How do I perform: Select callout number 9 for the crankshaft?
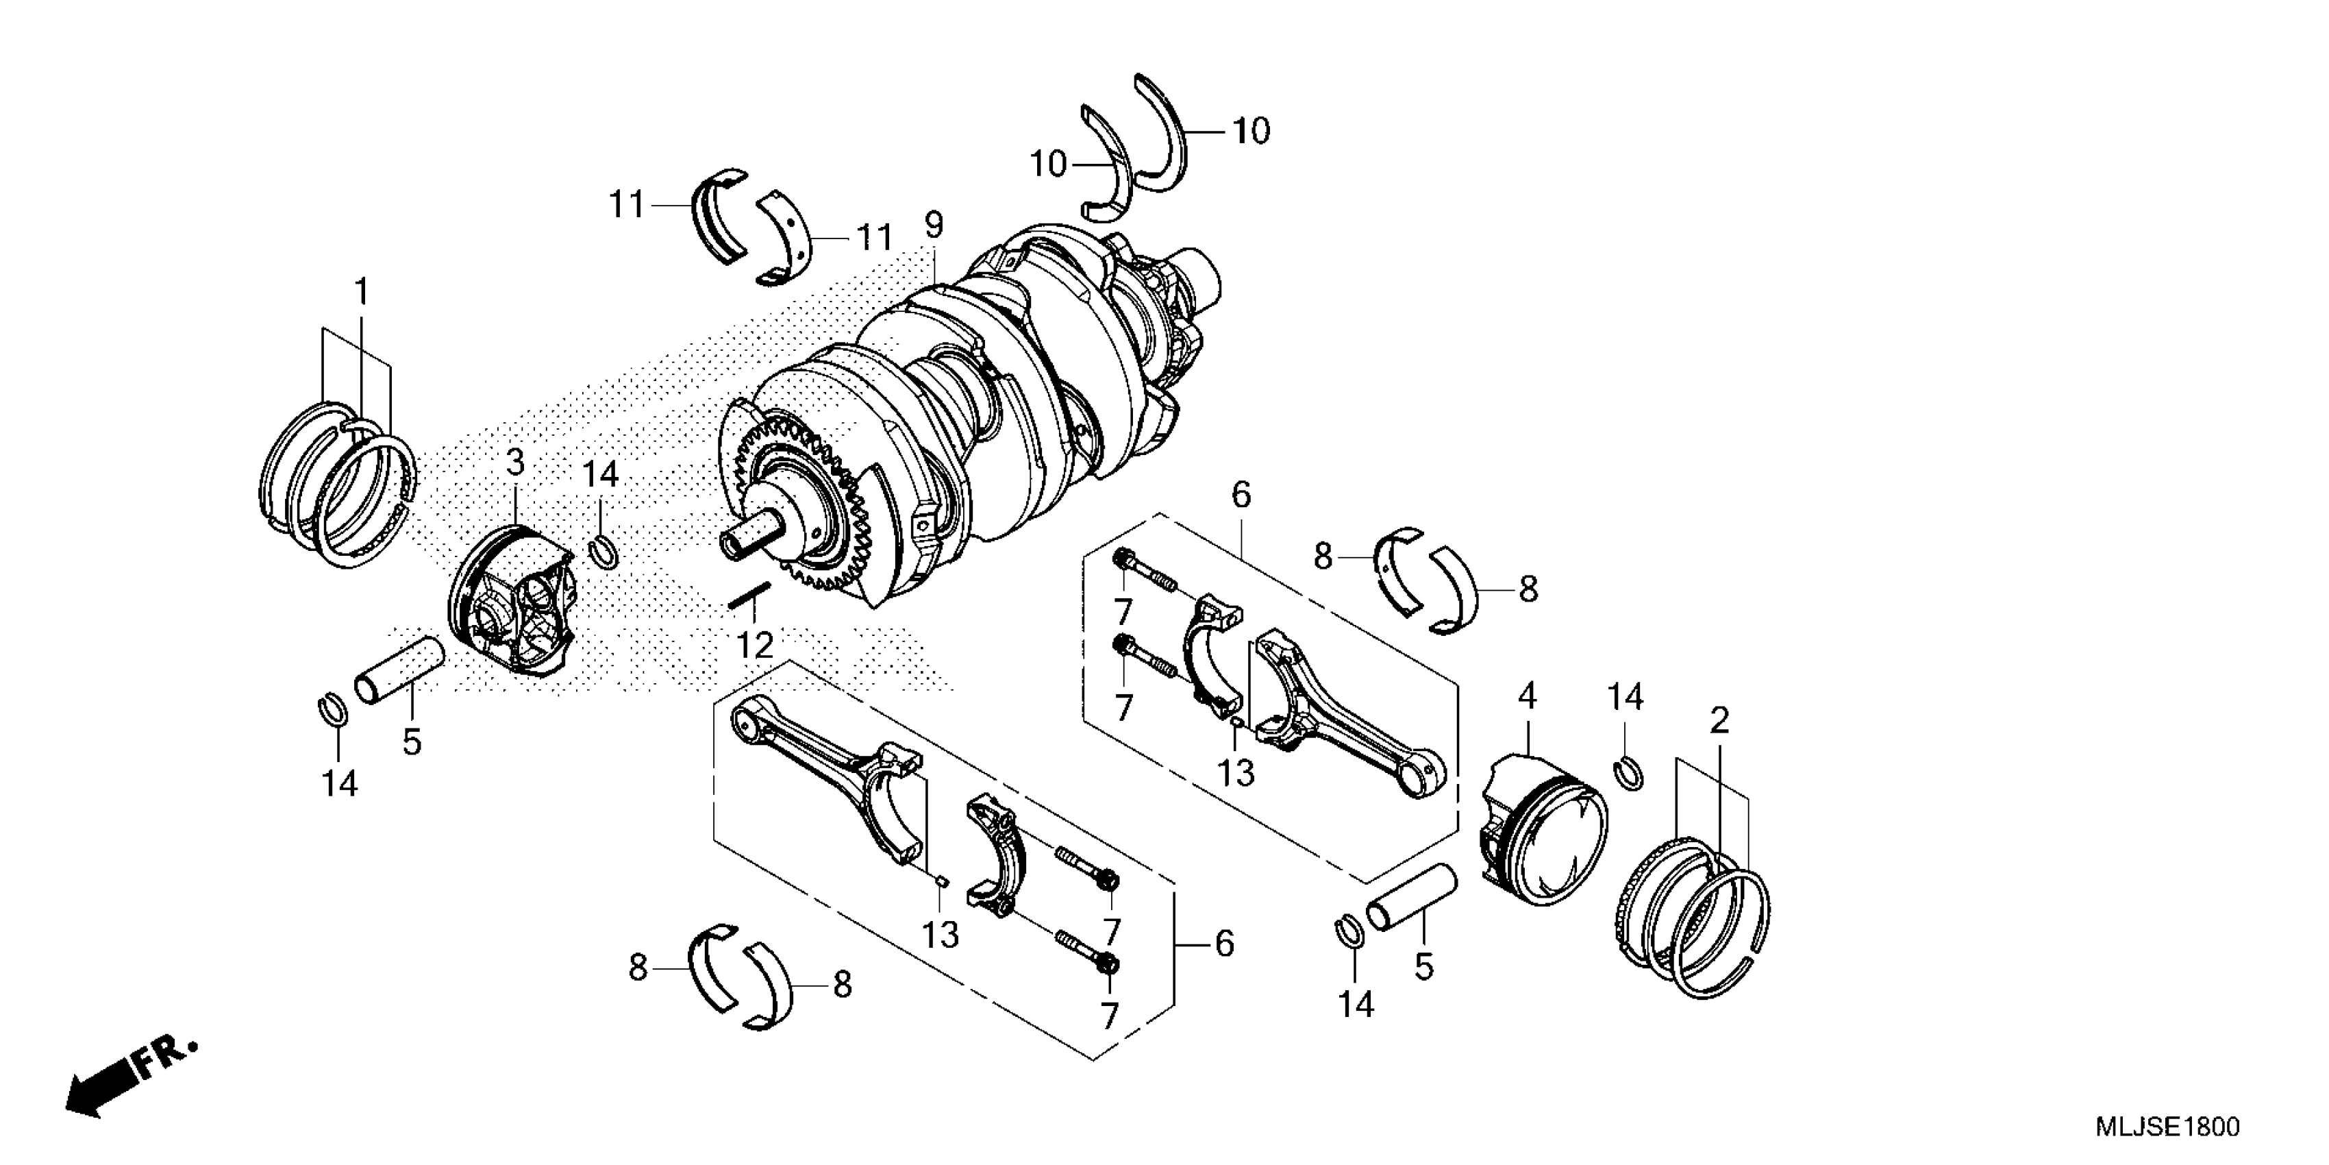pyautogui.click(x=933, y=224)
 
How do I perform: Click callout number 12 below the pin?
pyautogui.click(x=754, y=646)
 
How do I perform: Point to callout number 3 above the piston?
pyautogui.click(x=514, y=463)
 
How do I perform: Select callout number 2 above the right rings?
pyautogui.click(x=1719, y=721)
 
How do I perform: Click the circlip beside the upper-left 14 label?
pyautogui.click(x=603, y=552)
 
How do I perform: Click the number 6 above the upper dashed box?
pyautogui.click(x=1241, y=495)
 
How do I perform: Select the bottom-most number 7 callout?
pyautogui.click(x=1108, y=1015)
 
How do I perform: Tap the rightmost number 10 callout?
pyautogui.click(x=1252, y=132)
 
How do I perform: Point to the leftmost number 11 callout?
pyautogui.click(x=625, y=206)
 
